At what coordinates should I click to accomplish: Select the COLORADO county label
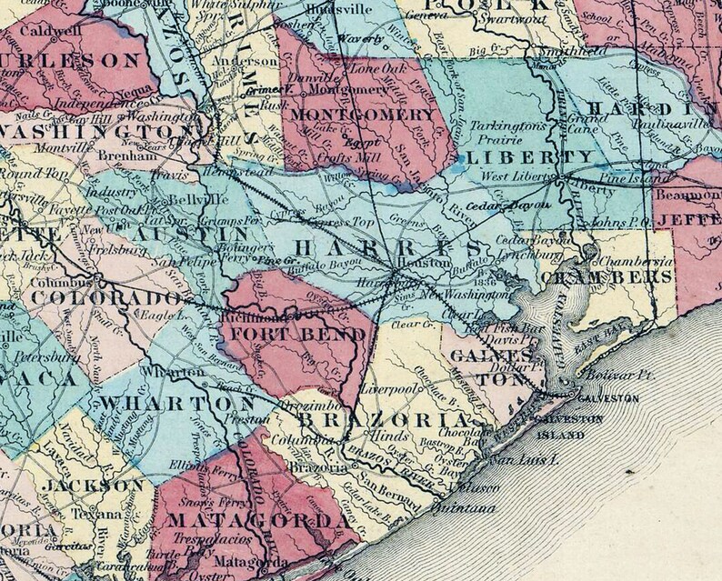tap(108, 300)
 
